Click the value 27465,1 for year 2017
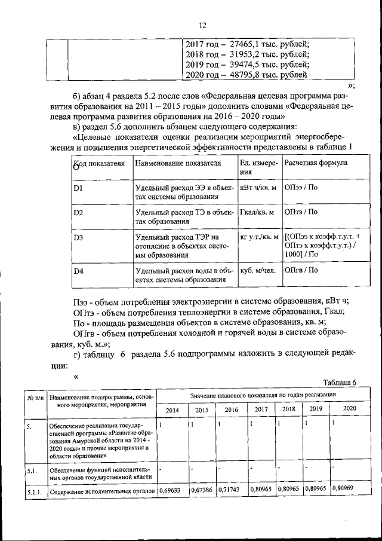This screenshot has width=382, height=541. (239, 44)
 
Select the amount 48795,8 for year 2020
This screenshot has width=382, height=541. (239, 75)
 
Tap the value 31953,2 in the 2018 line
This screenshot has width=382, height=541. (239, 54)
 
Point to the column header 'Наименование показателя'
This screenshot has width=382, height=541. (178, 163)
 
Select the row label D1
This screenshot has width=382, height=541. (78, 189)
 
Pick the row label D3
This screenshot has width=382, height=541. (78, 237)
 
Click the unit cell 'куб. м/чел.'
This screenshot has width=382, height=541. (258, 270)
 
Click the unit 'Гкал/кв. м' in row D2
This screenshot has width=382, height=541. (257, 212)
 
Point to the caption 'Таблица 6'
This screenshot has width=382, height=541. (339, 383)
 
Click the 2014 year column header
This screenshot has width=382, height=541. (172, 409)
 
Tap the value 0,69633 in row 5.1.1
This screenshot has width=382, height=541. (172, 491)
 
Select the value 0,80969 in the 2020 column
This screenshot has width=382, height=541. (344, 488)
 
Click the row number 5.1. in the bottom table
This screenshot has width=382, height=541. (32, 470)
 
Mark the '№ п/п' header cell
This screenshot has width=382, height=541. (34, 398)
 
